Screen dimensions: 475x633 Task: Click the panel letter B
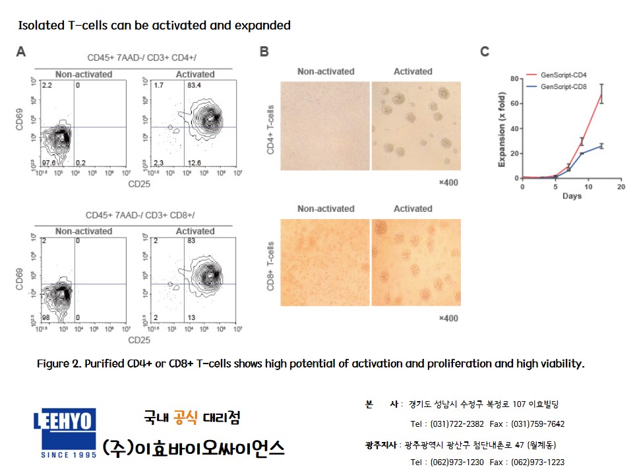tap(264, 51)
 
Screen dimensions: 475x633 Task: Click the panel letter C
tap(485, 51)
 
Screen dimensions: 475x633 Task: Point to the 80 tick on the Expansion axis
tap(514, 79)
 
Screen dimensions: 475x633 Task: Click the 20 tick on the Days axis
tap(620, 187)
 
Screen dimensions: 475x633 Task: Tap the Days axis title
tap(571, 197)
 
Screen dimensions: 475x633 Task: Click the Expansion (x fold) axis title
tap(501, 129)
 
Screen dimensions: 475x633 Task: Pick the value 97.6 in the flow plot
tap(47, 162)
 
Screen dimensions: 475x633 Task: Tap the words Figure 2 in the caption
tap(60, 364)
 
